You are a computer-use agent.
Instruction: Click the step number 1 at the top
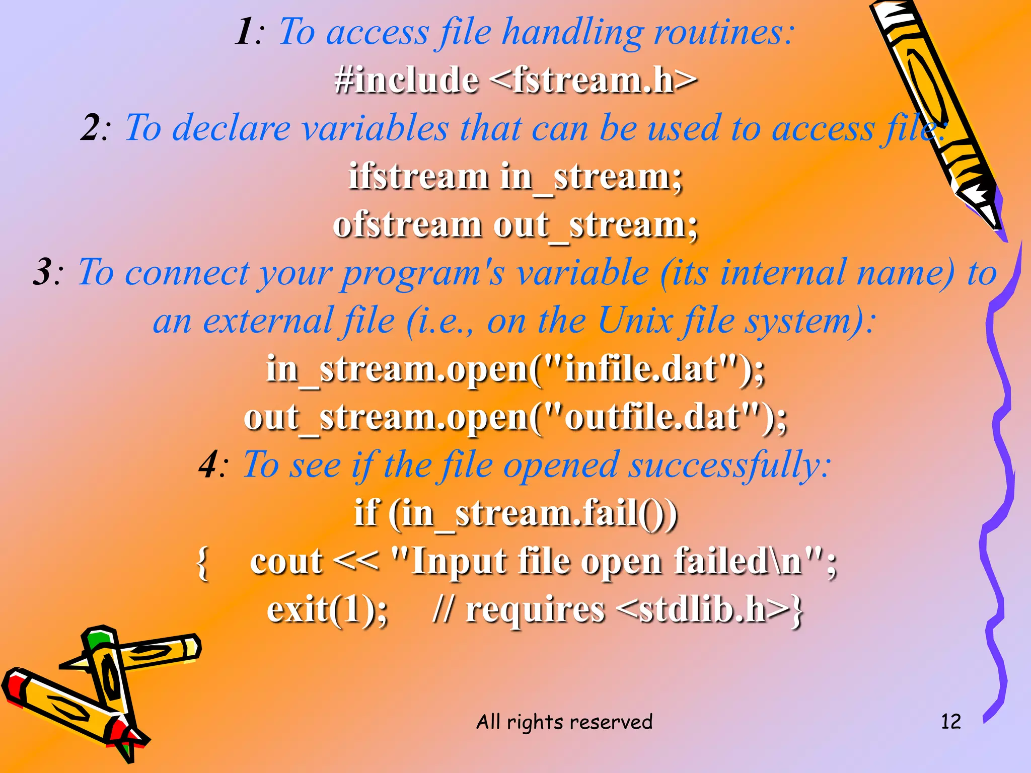(x=245, y=32)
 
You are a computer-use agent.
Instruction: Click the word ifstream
(x=418, y=177)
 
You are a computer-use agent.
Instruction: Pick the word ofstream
(x=407, y=224)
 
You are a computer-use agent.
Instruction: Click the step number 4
(x=209, y=465)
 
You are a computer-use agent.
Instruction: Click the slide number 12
(x=950, y=721)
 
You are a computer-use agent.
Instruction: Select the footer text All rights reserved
(x=564, y=722)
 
